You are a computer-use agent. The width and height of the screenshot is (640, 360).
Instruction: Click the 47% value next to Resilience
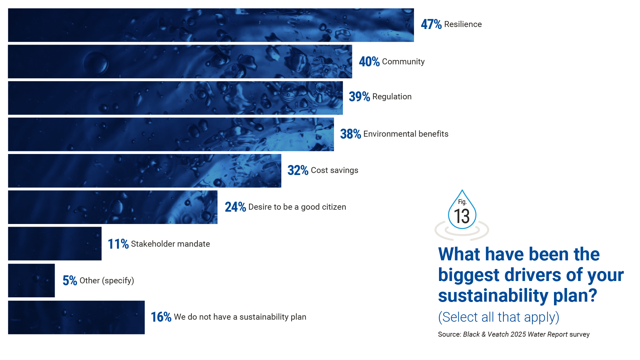click(431, 24)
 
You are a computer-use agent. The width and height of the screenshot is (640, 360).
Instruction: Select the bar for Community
click(180, 62)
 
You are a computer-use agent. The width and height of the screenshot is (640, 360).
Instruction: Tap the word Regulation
click(392, 97)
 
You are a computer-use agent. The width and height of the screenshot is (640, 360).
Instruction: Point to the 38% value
click(350, 134)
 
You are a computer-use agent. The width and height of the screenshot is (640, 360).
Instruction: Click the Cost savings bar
click(144, 171)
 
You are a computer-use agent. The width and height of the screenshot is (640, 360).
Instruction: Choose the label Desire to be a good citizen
click(297, 207)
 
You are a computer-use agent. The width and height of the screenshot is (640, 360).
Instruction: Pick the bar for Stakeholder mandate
click(55, 244)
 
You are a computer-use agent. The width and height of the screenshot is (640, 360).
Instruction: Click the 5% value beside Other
click(70, 281)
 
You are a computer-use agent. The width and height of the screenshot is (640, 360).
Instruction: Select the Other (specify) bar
click(31, 280)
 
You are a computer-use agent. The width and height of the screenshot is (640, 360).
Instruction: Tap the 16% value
click(161, 317)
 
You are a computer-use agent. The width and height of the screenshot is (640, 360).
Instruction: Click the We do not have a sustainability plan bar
click(76, 317)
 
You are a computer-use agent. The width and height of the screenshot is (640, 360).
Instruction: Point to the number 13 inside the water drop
click(462, 217)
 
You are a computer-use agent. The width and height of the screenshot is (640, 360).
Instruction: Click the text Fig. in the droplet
click(462, 202)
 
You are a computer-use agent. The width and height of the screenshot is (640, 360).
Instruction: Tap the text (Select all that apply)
click(498, 317)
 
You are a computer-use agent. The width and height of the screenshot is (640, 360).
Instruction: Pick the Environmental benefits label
click(406, 134)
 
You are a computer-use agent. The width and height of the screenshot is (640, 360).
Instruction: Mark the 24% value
click(235, 207)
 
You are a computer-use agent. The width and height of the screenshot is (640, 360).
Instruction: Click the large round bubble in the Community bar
click(96, 62)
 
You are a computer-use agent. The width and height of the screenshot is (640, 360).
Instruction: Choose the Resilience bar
click(211, 25)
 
